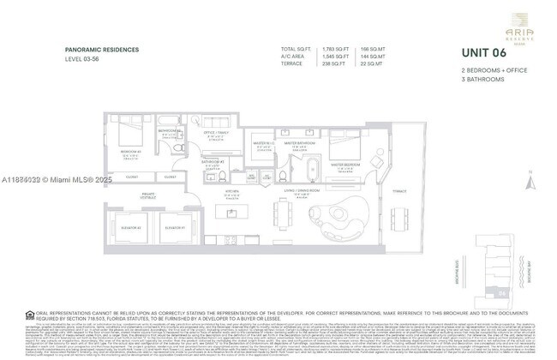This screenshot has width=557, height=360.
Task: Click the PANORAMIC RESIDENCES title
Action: (102, 51)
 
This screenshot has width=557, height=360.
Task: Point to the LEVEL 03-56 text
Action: (84, 59)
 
